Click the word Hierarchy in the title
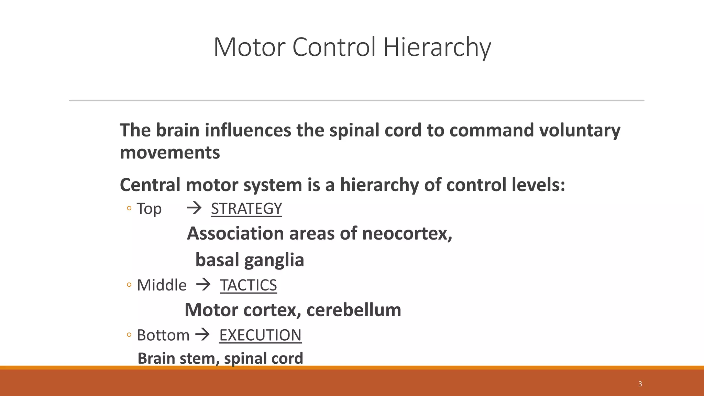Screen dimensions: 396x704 tap(437, 47)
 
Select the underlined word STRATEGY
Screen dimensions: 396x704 tap(246, 209)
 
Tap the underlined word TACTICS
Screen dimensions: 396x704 tap(249, 285)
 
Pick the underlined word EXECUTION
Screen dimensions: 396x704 tap(260, 335)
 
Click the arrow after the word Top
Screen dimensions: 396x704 tap(194, 208)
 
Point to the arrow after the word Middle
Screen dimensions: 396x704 tap(203, 285)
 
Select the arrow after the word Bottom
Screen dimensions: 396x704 tap(202, 334)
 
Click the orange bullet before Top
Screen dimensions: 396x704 tap(129, 208)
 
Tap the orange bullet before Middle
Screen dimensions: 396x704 tap(129, 285)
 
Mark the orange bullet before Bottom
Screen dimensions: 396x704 tap(129, 334)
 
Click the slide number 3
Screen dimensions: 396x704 tap(640, 384)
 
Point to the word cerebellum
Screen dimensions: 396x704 tap(354, 310)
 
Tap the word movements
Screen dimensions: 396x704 tap(170, 152)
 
